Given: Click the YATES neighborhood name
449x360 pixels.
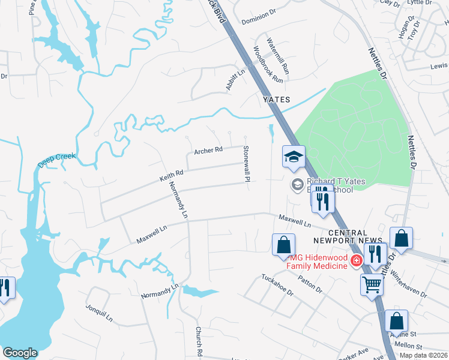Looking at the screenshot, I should coord(276,99).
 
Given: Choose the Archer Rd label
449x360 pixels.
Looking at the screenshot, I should coord(208,150).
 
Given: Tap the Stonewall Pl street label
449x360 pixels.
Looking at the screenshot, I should coord(246,163).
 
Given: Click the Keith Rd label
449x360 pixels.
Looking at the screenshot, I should coord(170,175).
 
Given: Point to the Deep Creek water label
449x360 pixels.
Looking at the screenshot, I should coord(57,160).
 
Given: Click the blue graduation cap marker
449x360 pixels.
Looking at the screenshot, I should coord(294,158).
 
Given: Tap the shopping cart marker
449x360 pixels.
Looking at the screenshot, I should coord(372,284).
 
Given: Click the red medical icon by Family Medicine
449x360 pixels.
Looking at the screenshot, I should coord(356,260).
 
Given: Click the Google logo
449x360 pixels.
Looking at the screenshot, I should coord(20,353).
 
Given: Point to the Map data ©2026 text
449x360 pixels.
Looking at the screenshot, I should coord(424,355).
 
